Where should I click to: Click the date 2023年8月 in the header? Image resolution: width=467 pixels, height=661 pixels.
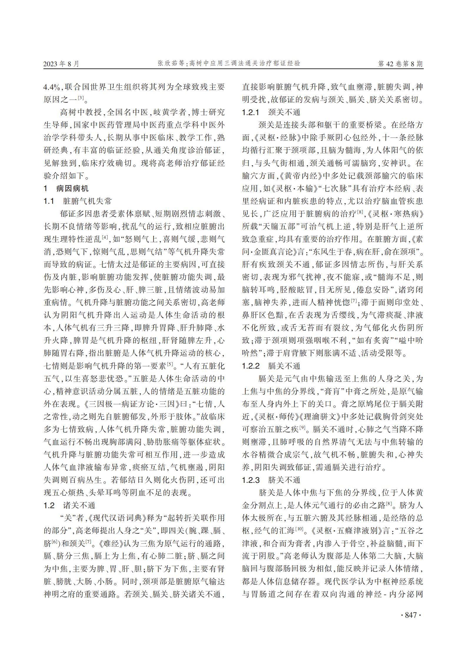pyautogui.click(x=62, y=64)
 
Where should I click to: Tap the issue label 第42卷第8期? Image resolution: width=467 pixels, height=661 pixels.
pyautogui.click(x=400, y=64)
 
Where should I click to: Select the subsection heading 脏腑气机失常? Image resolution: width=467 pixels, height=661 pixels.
pyautogui.click(x=87, y=201)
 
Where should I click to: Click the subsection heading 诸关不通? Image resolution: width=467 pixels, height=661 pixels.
pyautogui.click(x=79, y=506)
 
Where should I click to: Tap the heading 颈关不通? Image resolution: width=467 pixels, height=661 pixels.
pyautogui.click(x=284, y=112)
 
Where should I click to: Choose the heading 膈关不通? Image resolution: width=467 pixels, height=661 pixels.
pyautogui.click(x=284, y=366)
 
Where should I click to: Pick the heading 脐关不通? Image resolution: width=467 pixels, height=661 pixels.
pyautogui.click(x=284, y=480)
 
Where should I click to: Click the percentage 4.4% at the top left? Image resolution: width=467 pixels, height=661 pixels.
pyautogui.click(x=52, y=87)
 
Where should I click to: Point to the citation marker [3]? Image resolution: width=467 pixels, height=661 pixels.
pyautogui.click(x=81, y=98)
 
